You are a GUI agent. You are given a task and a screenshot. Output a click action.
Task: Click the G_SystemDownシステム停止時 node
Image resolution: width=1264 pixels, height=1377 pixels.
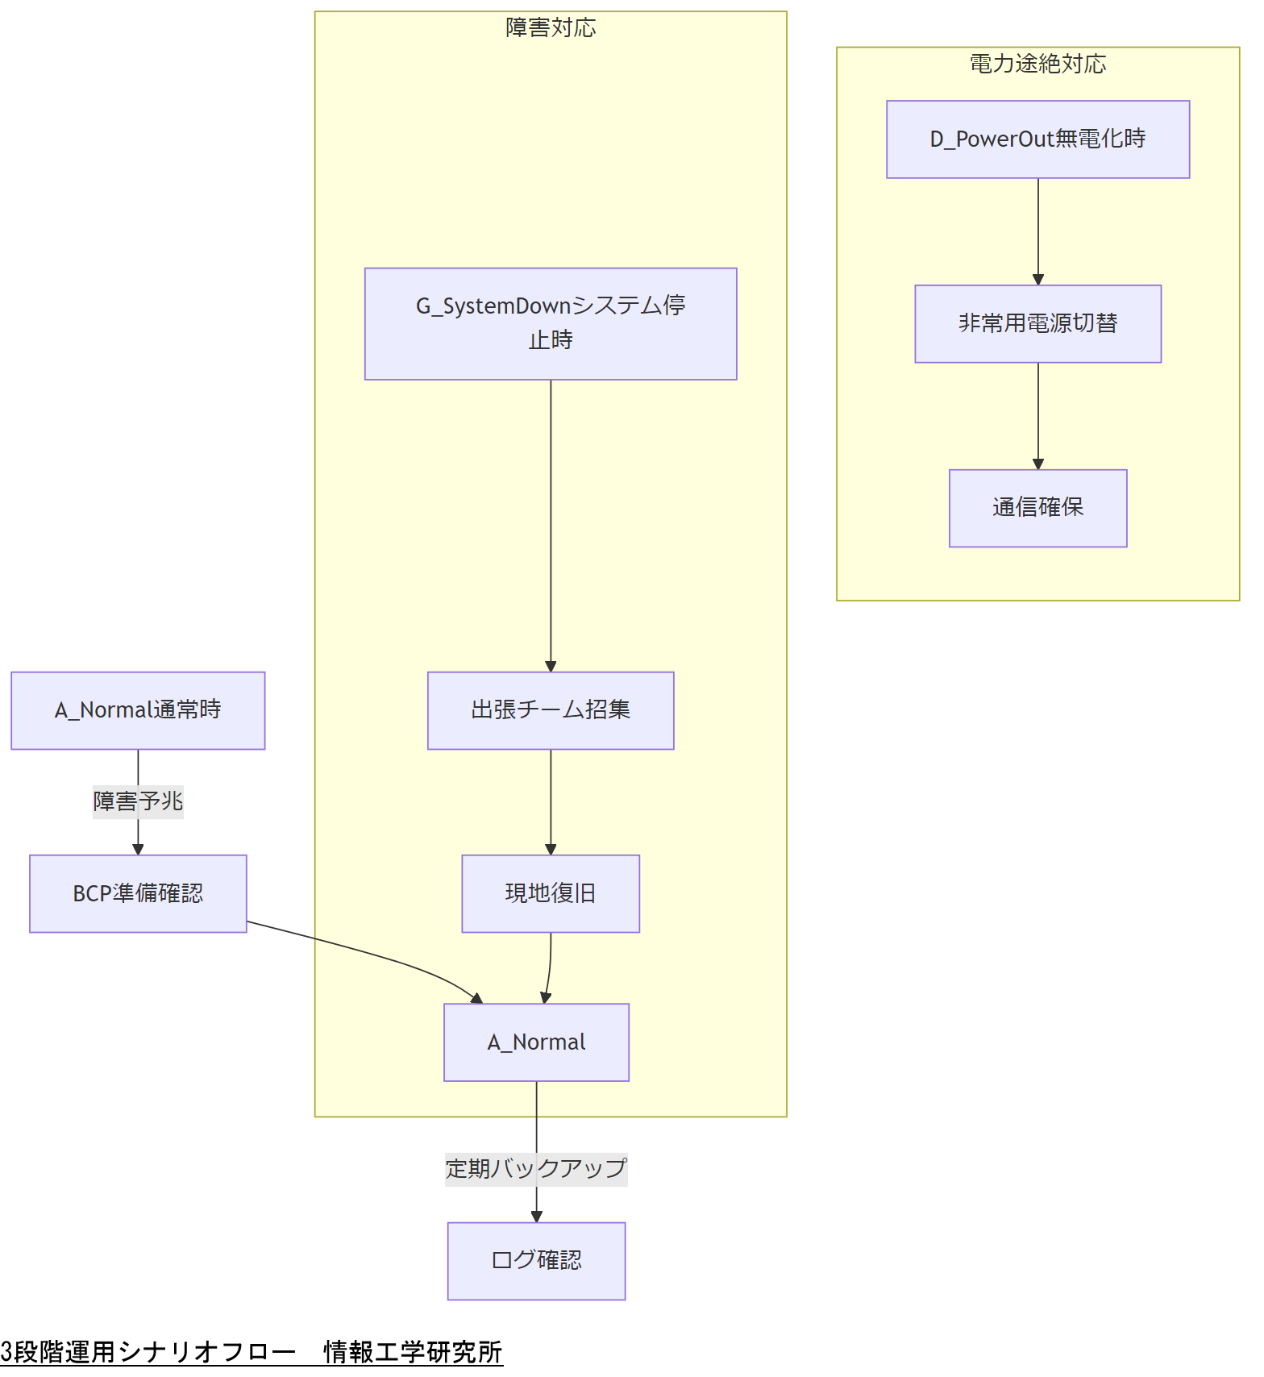pos(551,323)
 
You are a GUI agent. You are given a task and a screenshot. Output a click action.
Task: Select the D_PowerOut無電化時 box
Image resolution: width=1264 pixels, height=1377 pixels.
pos(1037,139)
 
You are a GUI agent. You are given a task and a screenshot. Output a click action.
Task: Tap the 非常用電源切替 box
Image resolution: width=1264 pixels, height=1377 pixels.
pos(1037,323)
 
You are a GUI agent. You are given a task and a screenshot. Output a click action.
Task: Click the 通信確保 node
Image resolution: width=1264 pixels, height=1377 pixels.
pos(1037,508)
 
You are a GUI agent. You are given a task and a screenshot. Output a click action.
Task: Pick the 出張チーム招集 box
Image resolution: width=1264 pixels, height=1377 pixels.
pos(551,710)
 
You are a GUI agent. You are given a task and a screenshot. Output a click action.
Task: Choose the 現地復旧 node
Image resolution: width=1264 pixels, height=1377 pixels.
pos(551,893)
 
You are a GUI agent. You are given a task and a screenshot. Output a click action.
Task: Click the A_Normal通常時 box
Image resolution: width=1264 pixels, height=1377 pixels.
pos(138,710)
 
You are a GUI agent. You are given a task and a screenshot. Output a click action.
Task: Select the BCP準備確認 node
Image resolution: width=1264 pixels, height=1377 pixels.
pos(138,893)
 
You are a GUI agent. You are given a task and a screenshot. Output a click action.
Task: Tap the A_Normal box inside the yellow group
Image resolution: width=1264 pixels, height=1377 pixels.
pos(536,1042)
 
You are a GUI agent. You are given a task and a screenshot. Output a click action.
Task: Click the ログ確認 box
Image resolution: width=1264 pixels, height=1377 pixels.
pos(536,1260)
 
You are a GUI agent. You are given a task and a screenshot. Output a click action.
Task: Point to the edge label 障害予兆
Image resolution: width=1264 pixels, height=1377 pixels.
pos(138,802)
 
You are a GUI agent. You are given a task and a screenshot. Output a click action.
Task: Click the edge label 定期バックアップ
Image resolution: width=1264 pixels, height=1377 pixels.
pos(536,1169)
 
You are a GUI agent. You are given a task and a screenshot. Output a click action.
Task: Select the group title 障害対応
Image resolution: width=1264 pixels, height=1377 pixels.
pos(551,28)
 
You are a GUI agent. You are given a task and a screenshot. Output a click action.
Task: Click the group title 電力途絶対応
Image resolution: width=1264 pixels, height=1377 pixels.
pos(1037,64)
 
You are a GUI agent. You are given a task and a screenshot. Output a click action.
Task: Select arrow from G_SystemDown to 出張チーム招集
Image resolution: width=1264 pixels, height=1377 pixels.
pos(551,524)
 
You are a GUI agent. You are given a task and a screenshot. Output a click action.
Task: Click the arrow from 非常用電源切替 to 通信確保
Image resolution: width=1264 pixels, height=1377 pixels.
pos(1038,415)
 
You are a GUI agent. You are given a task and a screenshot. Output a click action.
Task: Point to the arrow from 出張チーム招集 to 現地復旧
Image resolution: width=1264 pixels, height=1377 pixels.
pos(551,802)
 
